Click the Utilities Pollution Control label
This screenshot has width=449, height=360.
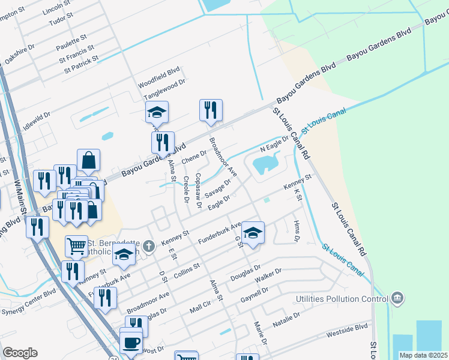pyautogui.click(x=342, y=299)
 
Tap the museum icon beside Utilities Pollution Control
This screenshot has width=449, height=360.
pyautogui.click(x=397, y=298)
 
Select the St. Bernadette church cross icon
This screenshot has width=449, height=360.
pyautogui.click(x=149, y=245)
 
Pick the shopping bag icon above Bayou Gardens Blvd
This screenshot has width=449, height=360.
pyautogui.click(x=88, y=160)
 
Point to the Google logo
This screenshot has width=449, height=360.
pyautogui.click(x=19, y=353)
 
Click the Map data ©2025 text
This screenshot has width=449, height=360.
pyautogui.click(x=424, y=355)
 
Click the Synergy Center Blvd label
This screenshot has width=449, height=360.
pyautogui.click(x=28, y=294)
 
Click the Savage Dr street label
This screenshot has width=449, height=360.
pyautogui.click(x=218, y=189)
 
